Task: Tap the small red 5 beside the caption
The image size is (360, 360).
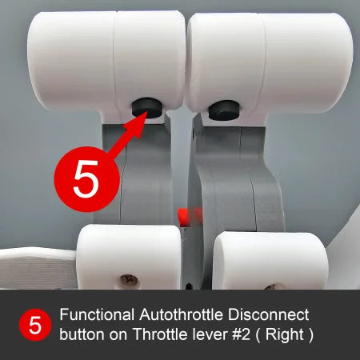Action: [34, 326]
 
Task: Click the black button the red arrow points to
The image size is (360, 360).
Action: [146, 107]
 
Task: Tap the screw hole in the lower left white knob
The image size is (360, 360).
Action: [128, 281]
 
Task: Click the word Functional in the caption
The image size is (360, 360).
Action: [98, 317]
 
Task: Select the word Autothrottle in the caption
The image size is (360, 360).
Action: [182, 317]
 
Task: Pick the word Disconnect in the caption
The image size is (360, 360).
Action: [269, 317]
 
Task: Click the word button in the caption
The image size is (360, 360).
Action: [82, 335]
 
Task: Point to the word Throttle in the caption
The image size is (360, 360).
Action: [161, 335]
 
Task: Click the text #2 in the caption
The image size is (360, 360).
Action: [238, 335]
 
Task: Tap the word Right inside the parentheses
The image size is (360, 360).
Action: [285, 335]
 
